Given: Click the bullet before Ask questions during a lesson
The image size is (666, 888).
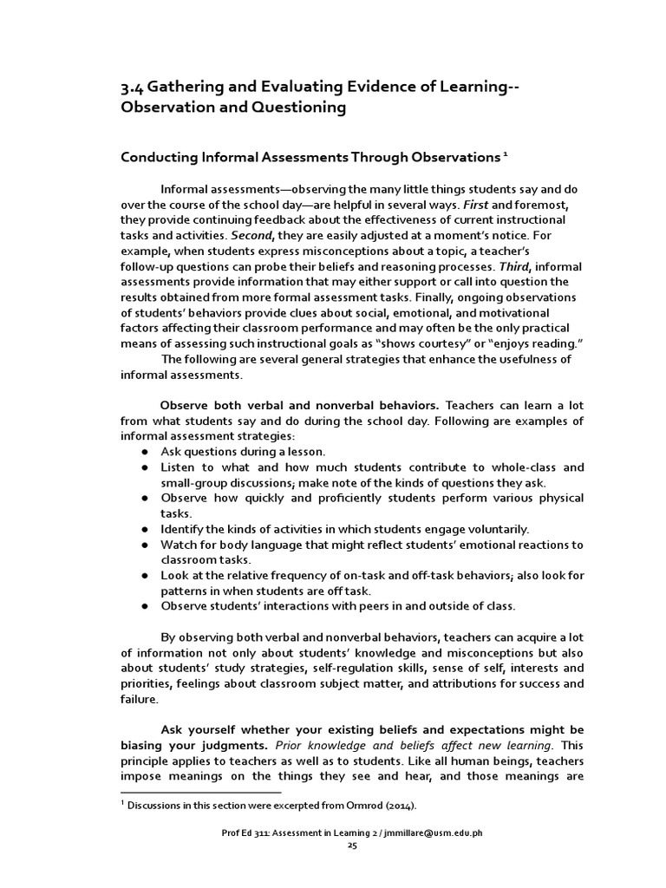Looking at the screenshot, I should coord(143,452).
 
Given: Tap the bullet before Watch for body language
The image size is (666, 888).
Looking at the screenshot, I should coord(143,545).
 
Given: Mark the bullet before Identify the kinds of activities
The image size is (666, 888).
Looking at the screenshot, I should coord(143,529).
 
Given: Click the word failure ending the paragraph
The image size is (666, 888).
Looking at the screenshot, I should coord(139,699).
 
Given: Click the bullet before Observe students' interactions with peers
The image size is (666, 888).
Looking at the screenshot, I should coord(143,606).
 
